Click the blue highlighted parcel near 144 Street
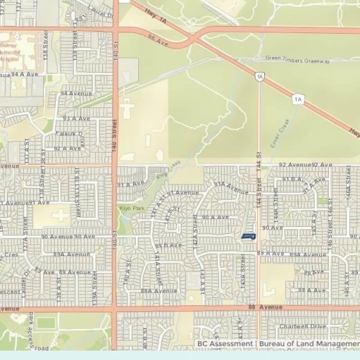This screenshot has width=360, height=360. click(248, 237)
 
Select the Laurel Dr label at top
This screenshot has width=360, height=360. click(102, 12)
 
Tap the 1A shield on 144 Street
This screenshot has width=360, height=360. click(259, 76)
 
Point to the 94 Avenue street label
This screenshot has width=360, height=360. click(78, 94)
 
